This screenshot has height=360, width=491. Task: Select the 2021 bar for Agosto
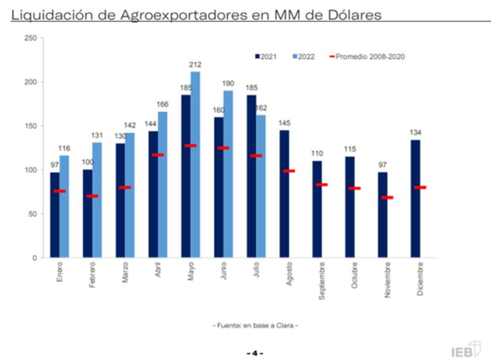click(x=284, y=194)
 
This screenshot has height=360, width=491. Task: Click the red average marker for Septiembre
click(x=322, y=185)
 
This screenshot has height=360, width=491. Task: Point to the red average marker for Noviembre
click(x=387, y=197)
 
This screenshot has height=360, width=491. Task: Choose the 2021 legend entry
click(x=266, y=57)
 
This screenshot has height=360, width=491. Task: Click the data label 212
click(x=196, y=65)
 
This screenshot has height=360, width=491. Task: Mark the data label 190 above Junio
click(x=228, y=84)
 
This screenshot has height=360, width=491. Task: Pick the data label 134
click(x=416, y=133)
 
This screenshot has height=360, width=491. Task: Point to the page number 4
click(x=254, y=353)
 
